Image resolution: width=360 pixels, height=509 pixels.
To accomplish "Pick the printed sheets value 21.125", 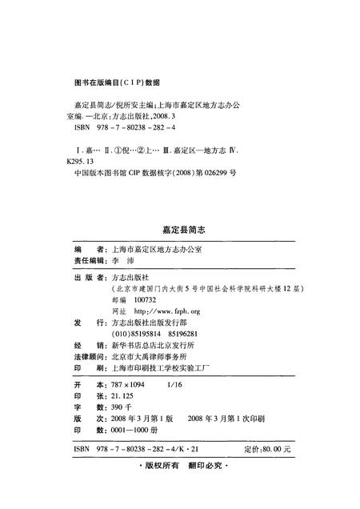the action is pyautogui.click(x=126, y=396).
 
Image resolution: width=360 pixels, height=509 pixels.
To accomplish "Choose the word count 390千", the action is pyautogui.click(x=123, y=407).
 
